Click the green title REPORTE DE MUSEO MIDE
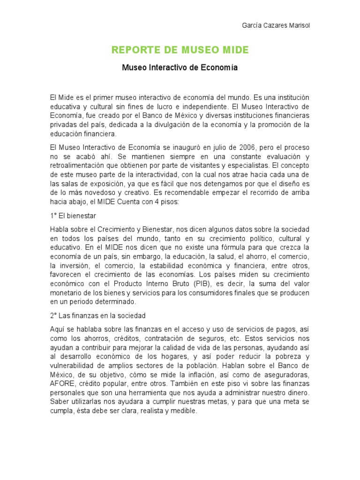tap(180, 49)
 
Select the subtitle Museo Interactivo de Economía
tap(180, 67)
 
